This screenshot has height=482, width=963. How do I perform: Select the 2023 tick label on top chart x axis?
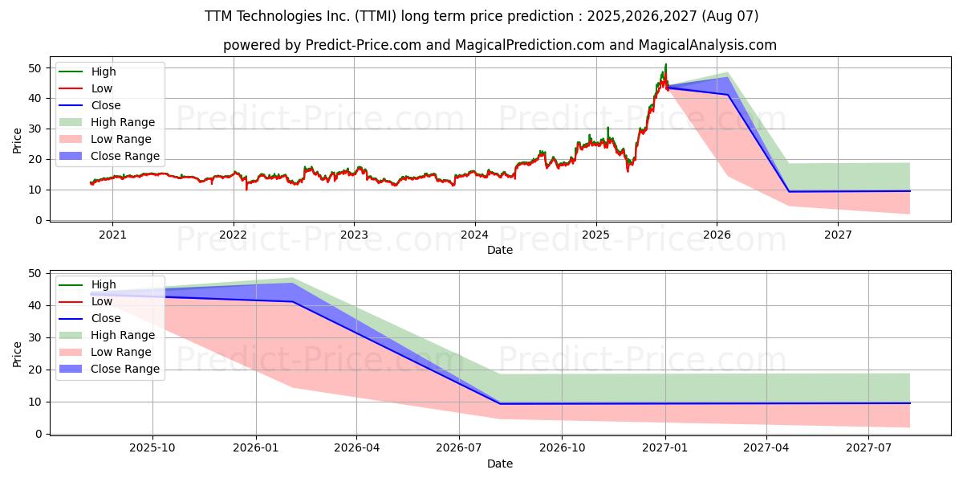point(354,235)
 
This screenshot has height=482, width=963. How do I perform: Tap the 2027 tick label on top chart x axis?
point(838,235)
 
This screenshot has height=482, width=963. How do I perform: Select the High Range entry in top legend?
point(123,122)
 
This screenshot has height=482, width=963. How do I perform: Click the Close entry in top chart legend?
point(106,105)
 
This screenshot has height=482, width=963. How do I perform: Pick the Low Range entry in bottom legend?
point(120,352)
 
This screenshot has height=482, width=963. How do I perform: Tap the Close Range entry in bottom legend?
point(124,369)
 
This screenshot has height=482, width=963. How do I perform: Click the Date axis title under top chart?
point(499,250)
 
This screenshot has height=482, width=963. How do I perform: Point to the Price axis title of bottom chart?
point(18,353)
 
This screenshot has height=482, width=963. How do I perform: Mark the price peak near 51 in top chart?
point(665,64)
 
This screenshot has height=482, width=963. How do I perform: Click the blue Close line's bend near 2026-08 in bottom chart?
point(499,403)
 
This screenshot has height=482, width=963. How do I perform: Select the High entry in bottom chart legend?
point(104,284)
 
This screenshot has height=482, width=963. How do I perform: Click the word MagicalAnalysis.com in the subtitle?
point(707,45)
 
